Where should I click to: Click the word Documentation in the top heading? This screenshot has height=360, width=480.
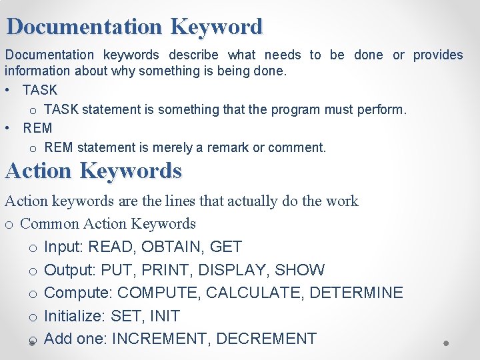pyautogui.click(x=84, y=27)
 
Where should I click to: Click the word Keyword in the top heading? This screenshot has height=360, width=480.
pyautogui.click(x=217, y=27)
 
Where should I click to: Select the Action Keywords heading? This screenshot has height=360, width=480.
pyautogui.click(x=93, y=171)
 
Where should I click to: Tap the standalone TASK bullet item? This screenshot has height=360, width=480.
pyautogui.click(x=40, y=89)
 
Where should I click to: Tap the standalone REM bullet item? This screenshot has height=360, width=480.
pyautogui.click(x=37, y=127)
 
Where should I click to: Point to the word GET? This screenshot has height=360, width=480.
pyautogui.click(x=226, y=247)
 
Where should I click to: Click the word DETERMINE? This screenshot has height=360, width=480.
pyautogui.click(x=357, y=293)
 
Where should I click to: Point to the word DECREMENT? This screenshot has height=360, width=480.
pyautogui.click(x=266, y=339)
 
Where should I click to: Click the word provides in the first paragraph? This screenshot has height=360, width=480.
pyautogui.click(x=437, y=55)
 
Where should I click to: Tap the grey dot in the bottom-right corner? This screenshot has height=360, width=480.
pyautogui.click(x=446, y=343)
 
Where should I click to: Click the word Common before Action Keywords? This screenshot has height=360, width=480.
pyautogui.click(x=50, y=223)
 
